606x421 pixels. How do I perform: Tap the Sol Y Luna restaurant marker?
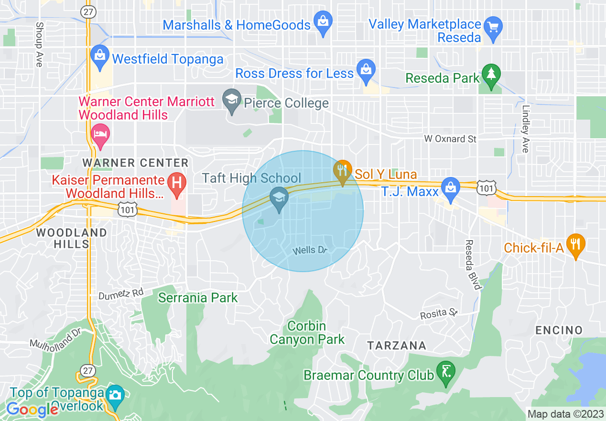(x=342, y=170)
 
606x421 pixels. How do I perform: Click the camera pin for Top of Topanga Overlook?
(x=115, y=395)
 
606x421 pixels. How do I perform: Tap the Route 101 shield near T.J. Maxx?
(x=487, y=188)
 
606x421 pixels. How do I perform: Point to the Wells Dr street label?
(x=310, y=250)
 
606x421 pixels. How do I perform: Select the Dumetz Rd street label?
(x=121, y=295)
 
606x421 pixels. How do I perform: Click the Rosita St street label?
(x=439, y=314)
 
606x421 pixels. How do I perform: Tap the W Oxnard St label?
(x=451, y=139)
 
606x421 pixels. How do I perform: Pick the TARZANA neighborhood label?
(x=397, y=345)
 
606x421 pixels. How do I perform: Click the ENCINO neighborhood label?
(x=559, y=330)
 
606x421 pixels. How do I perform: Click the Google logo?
(x=32, y=410)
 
